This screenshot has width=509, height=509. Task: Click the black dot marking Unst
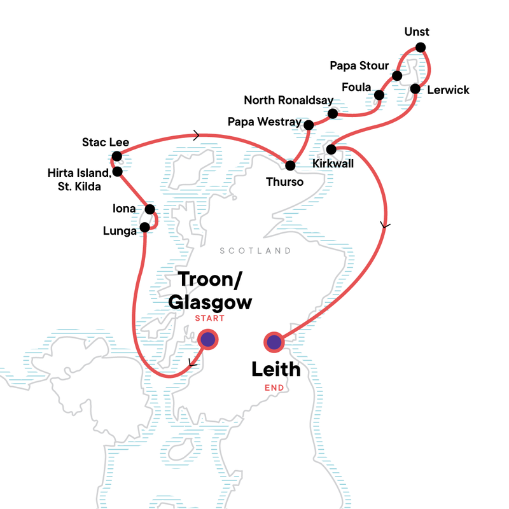click(420, 47)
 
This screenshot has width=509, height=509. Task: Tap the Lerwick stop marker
click(415, 88)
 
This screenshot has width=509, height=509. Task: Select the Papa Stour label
click(359, 66)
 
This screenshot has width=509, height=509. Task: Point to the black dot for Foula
click(379, 95)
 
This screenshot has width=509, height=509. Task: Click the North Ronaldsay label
click(286, 101)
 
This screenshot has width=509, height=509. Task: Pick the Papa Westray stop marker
click(309, 125)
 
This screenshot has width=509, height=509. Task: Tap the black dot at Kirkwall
click(331, 150)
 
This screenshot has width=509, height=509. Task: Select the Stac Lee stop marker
click(116, 156)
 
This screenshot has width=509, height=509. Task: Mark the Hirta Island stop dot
click(117, 171)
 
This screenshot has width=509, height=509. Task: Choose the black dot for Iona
click(150, 209)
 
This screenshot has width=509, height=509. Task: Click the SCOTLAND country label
click(255, 251)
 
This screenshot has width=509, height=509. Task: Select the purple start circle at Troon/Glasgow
click(207, 339)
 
